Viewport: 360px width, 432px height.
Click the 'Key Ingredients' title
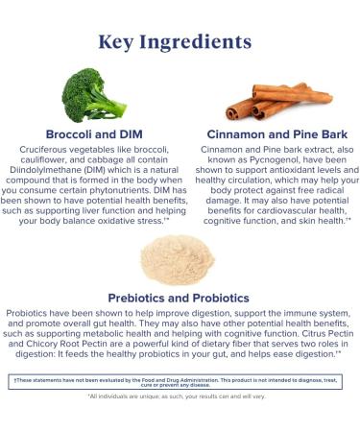point(180,42)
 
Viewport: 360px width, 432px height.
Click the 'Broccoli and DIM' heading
point(94,133)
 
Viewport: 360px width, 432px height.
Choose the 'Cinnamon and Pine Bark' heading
point(276,133)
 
